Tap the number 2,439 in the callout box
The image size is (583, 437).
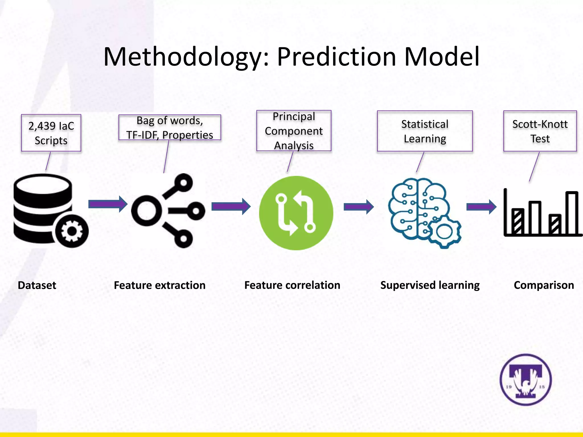point(42,126)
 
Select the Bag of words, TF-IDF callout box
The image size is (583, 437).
point(170,127)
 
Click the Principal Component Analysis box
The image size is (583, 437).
point(294,131)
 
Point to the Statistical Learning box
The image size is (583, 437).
point(425,131)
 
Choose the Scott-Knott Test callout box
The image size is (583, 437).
point(540,131)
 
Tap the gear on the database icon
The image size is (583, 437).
point(72,231)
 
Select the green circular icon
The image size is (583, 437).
point(296,213)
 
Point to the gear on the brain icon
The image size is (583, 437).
point(444,232)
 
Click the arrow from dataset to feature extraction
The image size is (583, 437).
point(108,204)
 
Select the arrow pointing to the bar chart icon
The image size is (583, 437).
point(481,207)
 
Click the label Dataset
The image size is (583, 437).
point(37,285)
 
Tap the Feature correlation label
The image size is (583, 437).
point(292,285)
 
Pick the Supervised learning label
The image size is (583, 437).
point(430,285)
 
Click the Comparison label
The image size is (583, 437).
point(544,285)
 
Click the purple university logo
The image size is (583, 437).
point(525,380)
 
